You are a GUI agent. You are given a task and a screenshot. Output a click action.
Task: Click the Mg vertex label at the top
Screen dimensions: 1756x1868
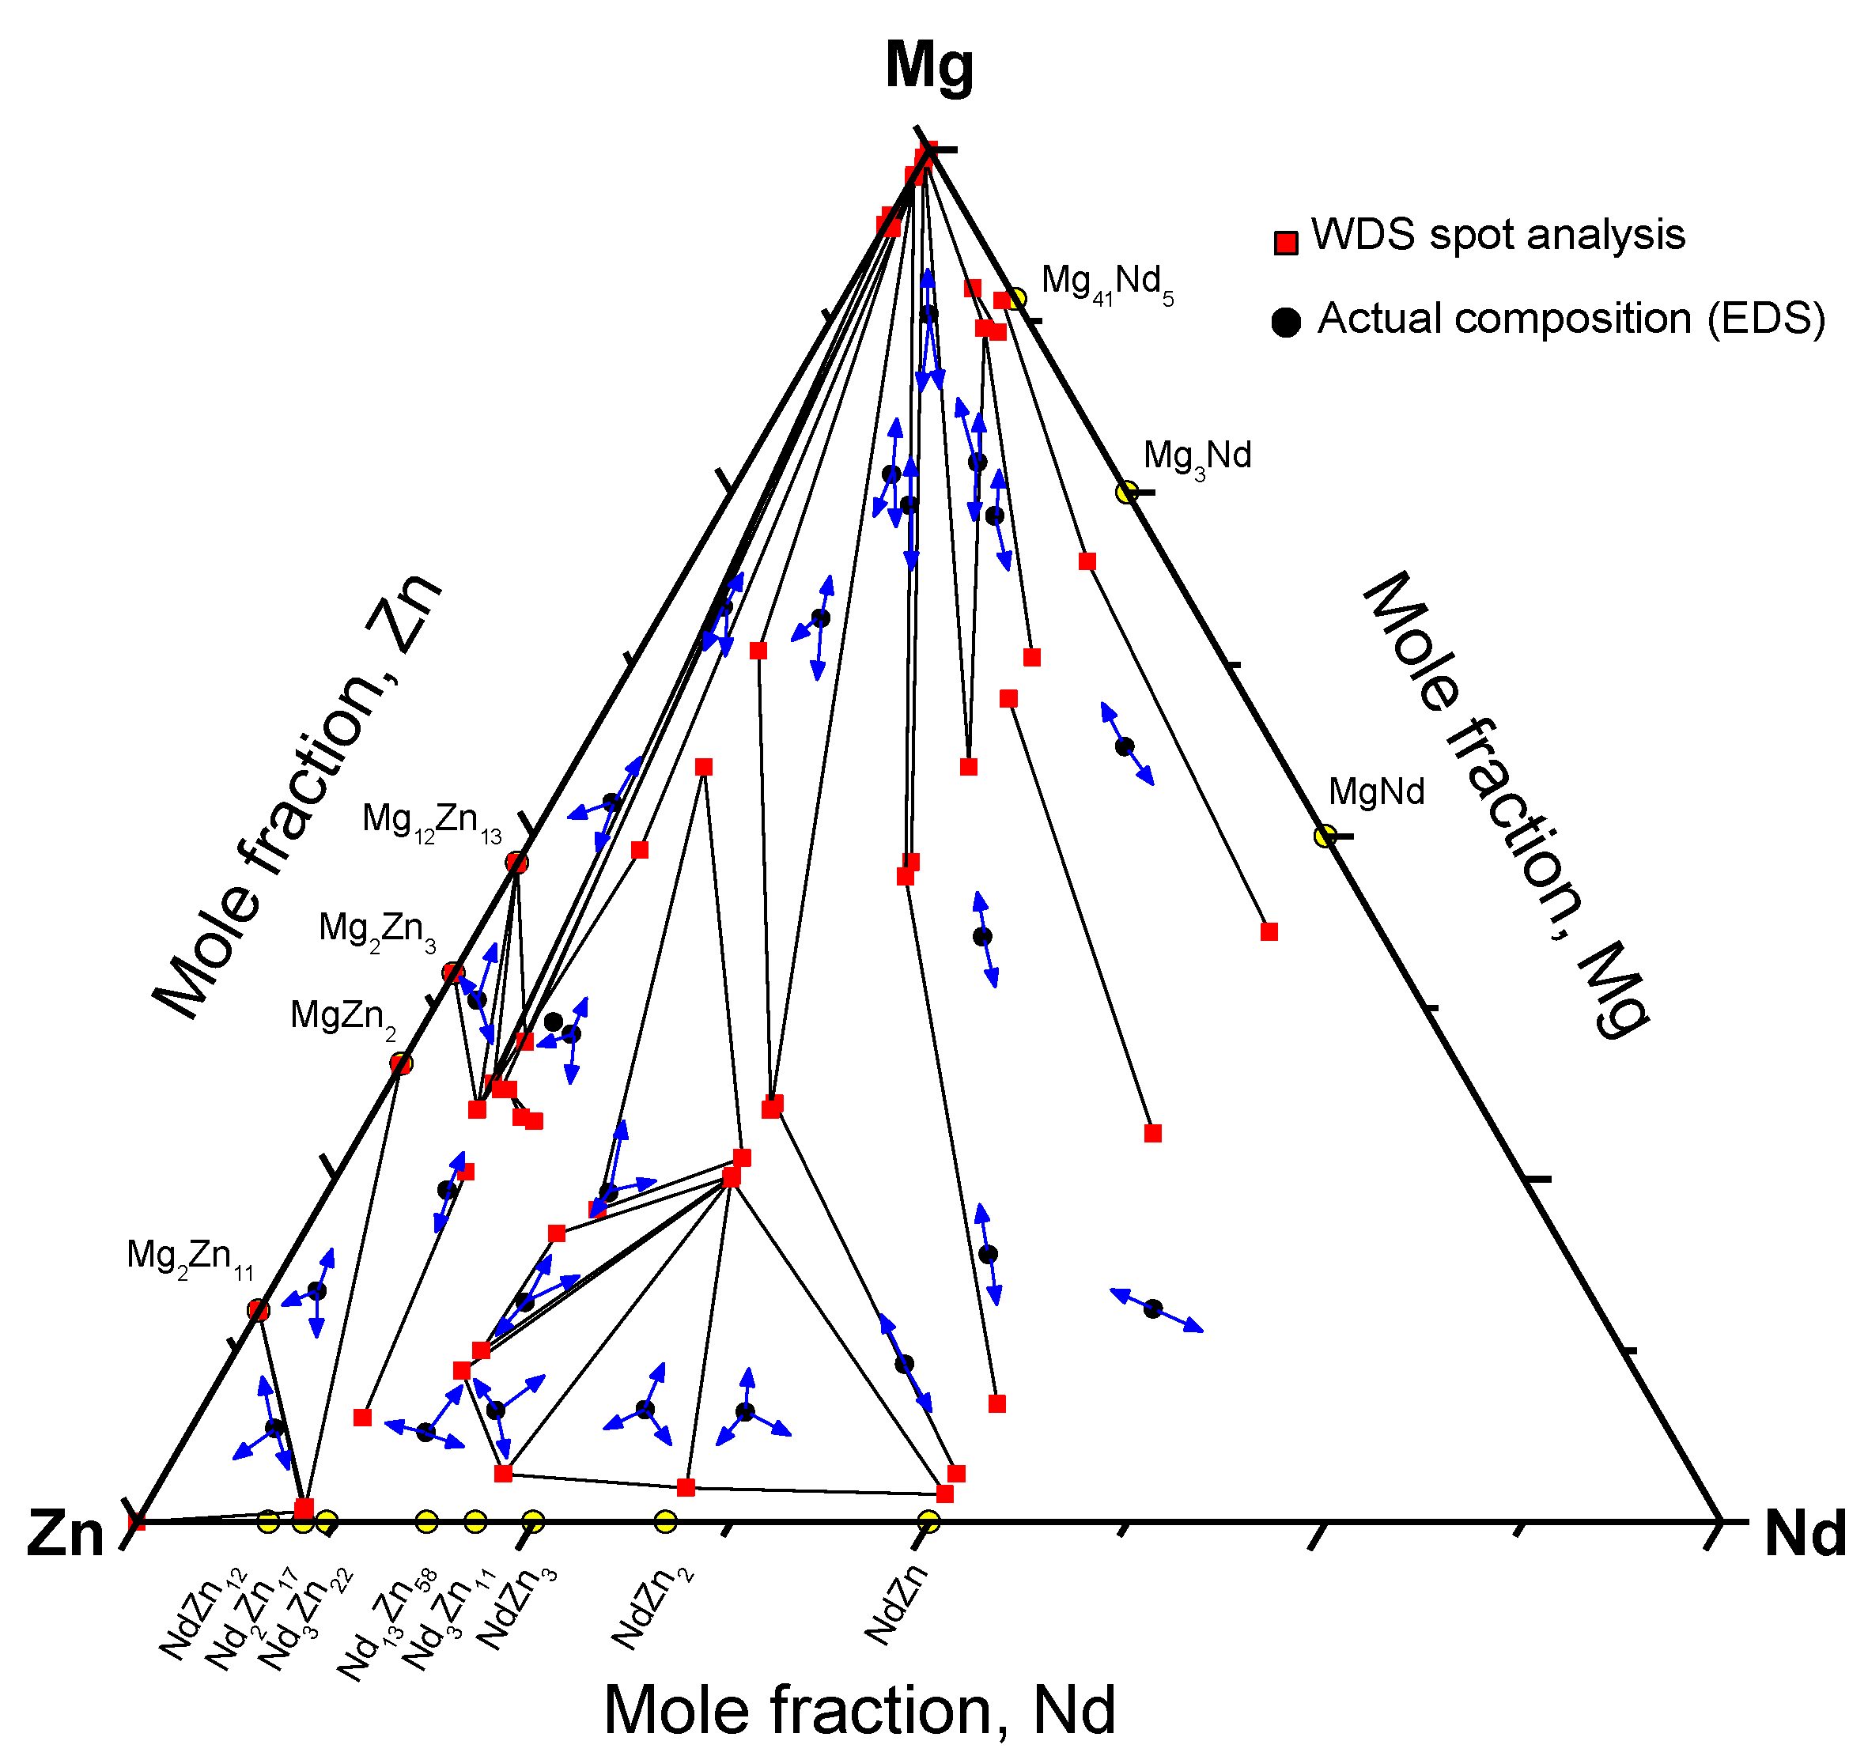pos(928,66)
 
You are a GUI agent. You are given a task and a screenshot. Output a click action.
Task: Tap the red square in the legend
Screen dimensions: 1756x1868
pos(1285,243)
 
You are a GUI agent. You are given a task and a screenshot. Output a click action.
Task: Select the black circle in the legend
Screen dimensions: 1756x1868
pos(1285,323)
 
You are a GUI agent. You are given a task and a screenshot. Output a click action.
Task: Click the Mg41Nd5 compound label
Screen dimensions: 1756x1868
pos(1107,283)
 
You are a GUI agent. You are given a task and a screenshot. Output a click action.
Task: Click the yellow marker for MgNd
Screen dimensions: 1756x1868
pos(1325,835)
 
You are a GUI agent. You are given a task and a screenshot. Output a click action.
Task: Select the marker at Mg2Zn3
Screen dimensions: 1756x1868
pos(454,972)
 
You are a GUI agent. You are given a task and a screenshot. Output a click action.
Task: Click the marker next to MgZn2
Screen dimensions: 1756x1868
pos(401,1063)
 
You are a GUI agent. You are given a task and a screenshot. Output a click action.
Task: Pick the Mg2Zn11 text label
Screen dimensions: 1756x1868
pos(190,1257)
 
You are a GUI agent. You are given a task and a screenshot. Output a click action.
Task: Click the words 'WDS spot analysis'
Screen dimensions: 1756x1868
pos(1498,236)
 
